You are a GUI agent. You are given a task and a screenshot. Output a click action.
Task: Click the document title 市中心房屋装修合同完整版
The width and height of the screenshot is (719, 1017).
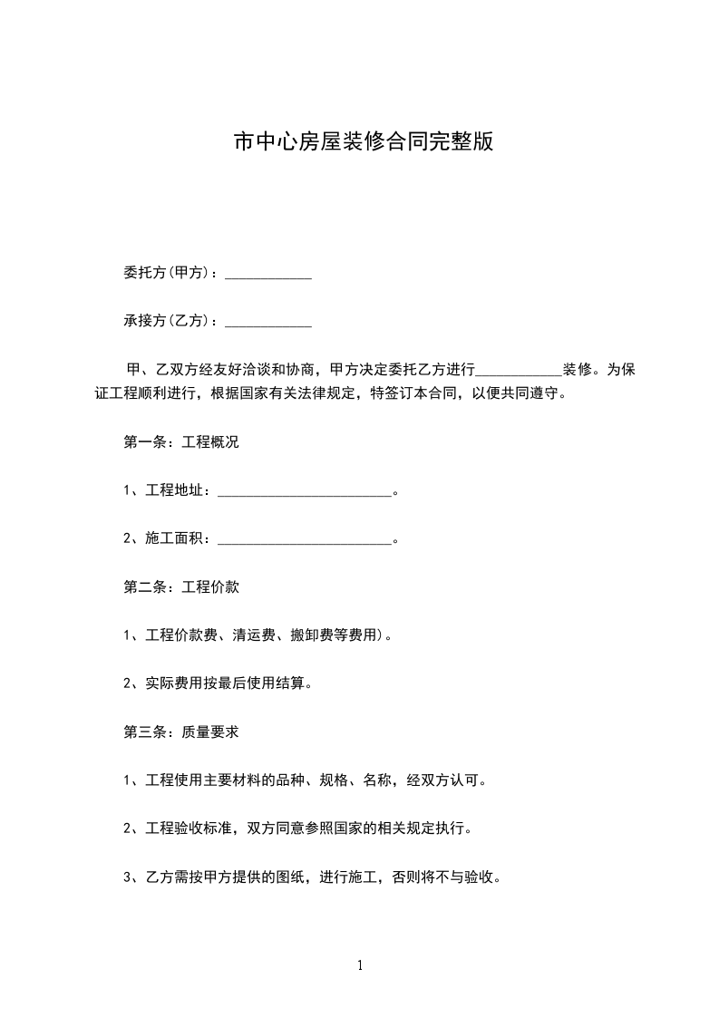pyautogui.click(x=363, y=142)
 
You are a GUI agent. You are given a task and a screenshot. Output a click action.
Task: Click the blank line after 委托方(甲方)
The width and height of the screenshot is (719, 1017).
pyautogui.click(x=267, y=274)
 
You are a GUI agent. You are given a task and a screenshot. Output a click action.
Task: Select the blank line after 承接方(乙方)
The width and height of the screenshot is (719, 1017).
pyautogui.click(x=267, y=321)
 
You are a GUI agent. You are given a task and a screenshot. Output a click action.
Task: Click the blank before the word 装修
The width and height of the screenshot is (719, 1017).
pyautogui.click(x=519, y=371)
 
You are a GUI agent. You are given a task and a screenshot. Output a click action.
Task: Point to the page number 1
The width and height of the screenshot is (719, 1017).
pyautogui.click(x=360, y=965)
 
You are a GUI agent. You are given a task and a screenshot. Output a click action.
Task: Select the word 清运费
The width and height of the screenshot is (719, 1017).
pyautogui.click(x=253, y=635)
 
